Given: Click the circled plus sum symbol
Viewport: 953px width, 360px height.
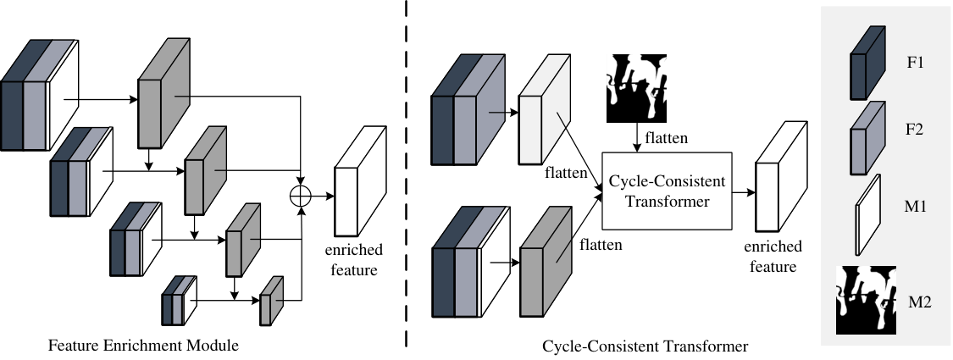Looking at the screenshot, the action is [x=301, y=195].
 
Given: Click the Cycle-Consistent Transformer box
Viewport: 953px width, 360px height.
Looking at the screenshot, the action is [x=667, y=191].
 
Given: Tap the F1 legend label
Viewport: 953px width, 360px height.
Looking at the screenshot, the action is [x=916, y=62].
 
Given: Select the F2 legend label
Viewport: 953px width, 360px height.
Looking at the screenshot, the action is [x=916, y=129].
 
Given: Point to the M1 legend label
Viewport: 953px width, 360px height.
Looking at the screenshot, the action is [x=916, y=207].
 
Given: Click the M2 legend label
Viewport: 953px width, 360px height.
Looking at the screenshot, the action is [x=920, y=302].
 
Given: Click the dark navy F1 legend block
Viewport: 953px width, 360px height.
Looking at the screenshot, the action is [x=867, y=63].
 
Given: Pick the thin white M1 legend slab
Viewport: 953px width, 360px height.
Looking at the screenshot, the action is [x=868, y=215].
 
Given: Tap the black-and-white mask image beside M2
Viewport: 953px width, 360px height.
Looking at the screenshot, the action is [x=866, y=301].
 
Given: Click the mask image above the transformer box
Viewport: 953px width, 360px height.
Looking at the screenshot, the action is [x=636, y=88].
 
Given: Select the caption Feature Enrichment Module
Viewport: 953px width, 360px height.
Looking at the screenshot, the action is [x=143, y=346].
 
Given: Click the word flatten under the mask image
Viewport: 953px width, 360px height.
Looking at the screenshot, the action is [x=667, y=139].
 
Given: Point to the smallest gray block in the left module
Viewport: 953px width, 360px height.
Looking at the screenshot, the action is [x=272, y=301].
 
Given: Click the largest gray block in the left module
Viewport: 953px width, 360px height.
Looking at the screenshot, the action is [x=163, y=94].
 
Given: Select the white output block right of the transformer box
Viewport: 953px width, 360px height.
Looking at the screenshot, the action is [x=782, y=176].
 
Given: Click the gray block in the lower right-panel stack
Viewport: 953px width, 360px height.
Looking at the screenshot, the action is [x=546, y=262].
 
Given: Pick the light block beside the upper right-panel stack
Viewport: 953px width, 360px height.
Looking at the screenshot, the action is [x=545, y=109].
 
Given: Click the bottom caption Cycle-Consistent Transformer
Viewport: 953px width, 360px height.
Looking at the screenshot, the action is [x=645, y=346].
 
